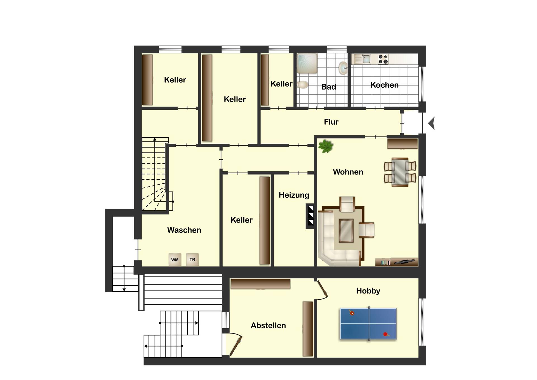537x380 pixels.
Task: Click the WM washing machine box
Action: [x=175, y=260]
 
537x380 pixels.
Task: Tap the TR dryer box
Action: [x=192, y=259]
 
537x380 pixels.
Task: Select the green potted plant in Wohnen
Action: [x=326, y=146]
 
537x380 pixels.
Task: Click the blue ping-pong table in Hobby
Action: [x=368, y=323]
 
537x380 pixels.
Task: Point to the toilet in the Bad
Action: [x=303, y=84]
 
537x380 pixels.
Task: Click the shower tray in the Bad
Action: [x=307, y=64]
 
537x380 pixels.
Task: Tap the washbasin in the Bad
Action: [x=343, y=68]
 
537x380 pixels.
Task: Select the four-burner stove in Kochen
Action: [x=383, y=59]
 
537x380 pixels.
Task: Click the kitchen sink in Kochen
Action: [x=362, y=59]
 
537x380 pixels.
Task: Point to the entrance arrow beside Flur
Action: [x=432, y=123]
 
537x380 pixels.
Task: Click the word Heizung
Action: [x=294, y=195]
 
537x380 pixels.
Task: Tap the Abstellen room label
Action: [x=268, y=325]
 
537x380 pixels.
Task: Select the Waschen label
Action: [x=184, y=230]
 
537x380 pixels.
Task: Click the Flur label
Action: [x=331, y=122]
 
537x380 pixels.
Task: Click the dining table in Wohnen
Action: [x=400, y=172]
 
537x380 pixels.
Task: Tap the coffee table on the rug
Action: [x=346, y=230]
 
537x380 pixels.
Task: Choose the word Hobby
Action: [x=368, y=291]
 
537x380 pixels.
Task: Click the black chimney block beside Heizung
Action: [x=310, y=216]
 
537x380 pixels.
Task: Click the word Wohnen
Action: [x=348, y=172]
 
